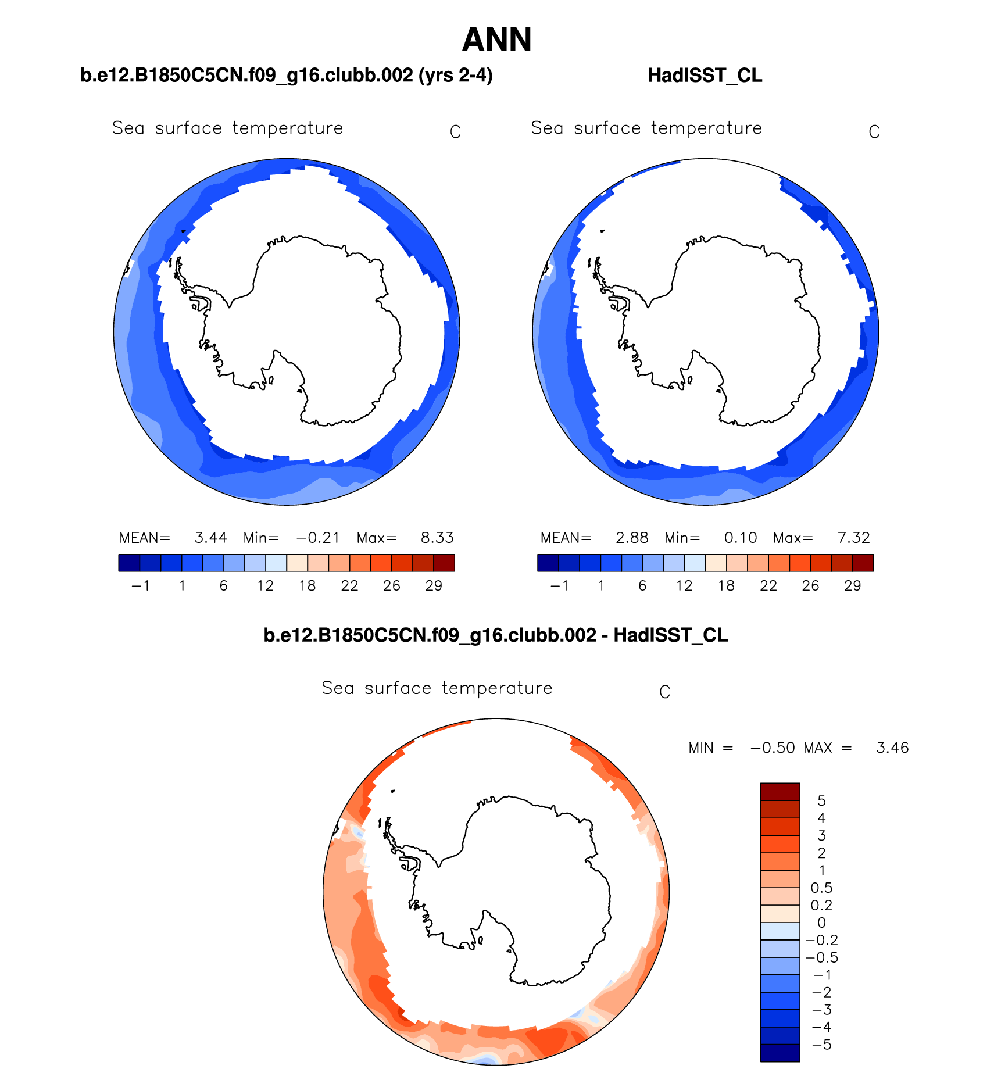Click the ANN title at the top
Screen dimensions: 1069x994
(497, 40)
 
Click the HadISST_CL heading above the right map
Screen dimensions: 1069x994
(705, 76)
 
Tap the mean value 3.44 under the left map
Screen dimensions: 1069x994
(210, 538)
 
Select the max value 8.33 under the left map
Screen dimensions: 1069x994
(437, 538)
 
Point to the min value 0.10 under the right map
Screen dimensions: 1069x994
(741, 538)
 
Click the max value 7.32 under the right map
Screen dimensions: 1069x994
(853, 538)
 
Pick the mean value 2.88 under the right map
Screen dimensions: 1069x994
(632, 538)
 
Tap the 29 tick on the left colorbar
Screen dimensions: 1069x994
(434, 586)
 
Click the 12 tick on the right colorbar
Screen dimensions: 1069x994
(684, 586)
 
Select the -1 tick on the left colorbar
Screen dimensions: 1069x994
(141, 586)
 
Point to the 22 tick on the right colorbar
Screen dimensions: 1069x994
(768, 586)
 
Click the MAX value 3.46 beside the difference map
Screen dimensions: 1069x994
(892, 748)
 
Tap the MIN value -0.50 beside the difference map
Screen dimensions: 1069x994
(773, 748)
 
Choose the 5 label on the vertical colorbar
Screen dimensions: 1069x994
(821, 801)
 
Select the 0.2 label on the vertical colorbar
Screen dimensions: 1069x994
(821, 906)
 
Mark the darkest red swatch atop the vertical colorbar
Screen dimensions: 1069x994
(780, 792)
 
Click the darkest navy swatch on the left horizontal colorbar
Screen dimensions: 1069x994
(129, 563)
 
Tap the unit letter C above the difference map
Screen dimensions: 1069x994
(665, 692)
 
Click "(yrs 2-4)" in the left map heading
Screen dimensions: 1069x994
(456, 76)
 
